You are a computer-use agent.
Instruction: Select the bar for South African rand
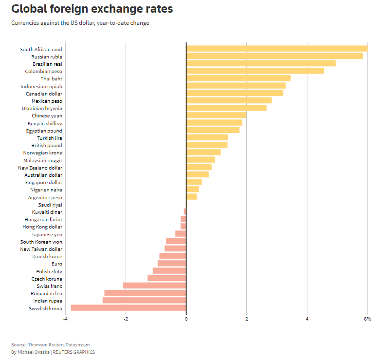pos(277,49)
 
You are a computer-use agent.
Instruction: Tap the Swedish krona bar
pos(129,308)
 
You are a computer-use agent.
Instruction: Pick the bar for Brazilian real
pos(261,63)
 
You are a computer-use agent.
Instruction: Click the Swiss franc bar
pos(155,285)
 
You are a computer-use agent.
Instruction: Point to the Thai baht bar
pos(238,78)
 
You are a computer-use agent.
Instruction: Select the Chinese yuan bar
pos(216,115)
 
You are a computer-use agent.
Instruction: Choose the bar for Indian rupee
pos(144,301)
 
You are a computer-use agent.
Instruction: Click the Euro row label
pos(56,264)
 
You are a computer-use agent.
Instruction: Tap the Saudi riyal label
pos(50,205)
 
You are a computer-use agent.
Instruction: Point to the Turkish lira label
pos(49,138)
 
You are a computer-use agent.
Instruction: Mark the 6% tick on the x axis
pos(367,319)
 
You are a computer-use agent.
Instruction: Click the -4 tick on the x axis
pos(65,319)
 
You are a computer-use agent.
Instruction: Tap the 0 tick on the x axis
pos(186,319)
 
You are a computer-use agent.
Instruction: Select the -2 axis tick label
pos(126,319)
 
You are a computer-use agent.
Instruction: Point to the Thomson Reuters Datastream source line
pos(50,345)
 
